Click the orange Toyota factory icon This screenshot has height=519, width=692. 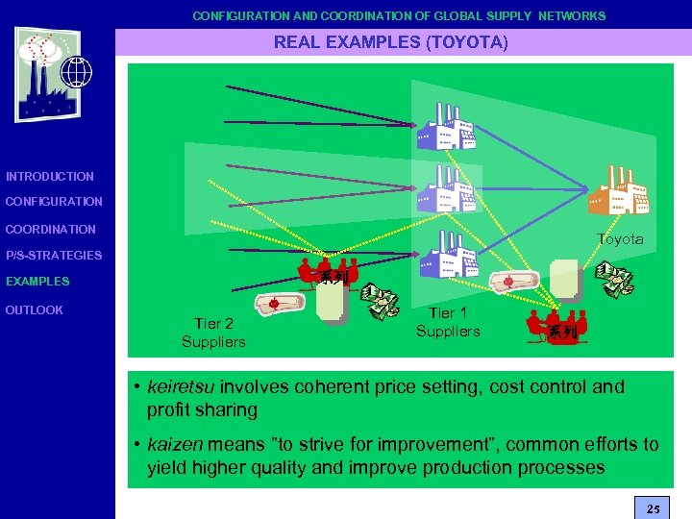coord(618,189)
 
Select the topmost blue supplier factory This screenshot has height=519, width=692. coord(445,125)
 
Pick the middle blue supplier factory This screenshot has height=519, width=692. coord(445,187)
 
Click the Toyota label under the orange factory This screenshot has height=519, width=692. coord(620,239)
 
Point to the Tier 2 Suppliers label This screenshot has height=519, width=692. coord(213,333)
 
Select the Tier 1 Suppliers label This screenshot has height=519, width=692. coord(447,322)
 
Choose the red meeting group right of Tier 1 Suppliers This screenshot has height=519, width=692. coord(556,326)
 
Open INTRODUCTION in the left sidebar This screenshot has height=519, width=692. coord(50,177)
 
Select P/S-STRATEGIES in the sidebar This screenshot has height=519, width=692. coord(54,256)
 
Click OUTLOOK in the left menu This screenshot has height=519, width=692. coord(35,310)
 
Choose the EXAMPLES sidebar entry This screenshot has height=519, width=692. coord(37,282)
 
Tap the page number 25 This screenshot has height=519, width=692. coord(654,507)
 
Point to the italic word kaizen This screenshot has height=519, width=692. coord(174,445)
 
